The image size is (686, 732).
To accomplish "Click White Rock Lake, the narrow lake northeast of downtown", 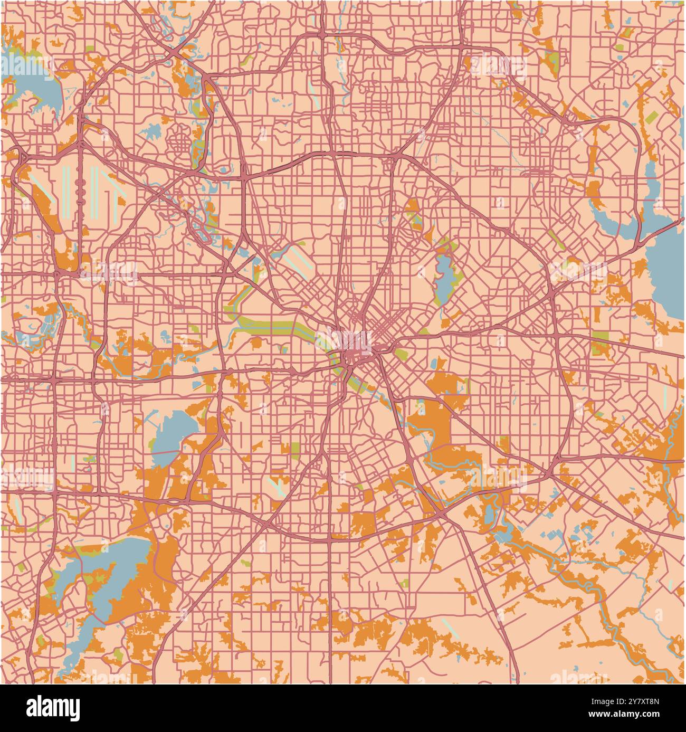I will pyautogui.click(x=443, y=277).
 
